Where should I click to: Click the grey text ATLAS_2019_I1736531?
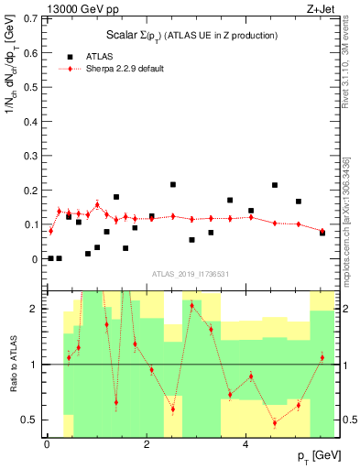[191, 274]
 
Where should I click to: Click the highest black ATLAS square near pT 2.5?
[173, 185]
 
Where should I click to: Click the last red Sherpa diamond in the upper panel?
[322, 231]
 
